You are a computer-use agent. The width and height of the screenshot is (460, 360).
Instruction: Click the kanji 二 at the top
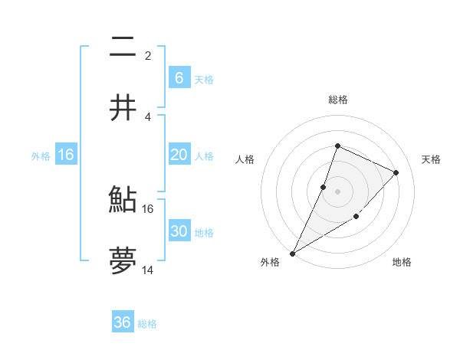123,47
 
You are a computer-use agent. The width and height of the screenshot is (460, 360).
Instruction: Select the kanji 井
123,108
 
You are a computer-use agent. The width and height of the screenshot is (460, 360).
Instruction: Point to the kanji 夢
123,261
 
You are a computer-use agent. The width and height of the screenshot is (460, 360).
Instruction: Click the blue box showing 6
179,77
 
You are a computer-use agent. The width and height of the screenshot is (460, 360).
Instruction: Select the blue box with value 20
179,155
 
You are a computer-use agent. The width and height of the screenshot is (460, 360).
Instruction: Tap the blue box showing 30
179,231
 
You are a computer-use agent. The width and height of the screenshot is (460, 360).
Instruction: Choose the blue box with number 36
123,322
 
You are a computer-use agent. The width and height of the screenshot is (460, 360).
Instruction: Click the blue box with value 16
66,155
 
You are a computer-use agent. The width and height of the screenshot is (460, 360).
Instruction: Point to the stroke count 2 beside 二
147,56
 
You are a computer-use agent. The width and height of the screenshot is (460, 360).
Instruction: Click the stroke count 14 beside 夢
147,270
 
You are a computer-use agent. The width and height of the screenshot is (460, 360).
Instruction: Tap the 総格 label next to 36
147,324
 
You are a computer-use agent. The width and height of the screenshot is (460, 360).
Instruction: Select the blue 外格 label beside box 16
41,155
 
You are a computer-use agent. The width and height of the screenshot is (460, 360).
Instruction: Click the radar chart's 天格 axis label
431,159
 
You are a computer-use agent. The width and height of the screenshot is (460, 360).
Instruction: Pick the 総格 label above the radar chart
338,100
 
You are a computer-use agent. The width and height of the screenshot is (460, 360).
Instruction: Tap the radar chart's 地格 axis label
402,263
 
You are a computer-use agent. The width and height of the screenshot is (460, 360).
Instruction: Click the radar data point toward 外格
293,253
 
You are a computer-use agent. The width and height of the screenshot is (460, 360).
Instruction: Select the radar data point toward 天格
396,172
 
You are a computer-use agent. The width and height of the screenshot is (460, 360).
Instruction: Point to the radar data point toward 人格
324,187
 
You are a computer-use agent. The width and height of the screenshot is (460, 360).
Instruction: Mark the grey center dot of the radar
338,191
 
